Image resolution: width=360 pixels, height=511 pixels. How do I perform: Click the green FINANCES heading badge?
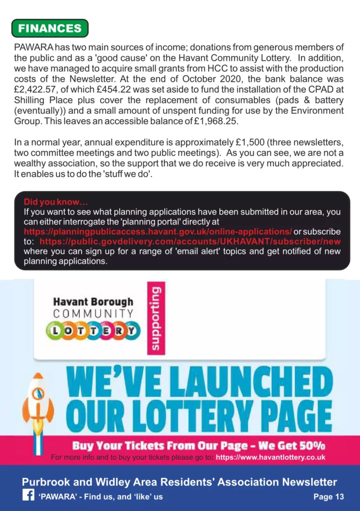point(49,28)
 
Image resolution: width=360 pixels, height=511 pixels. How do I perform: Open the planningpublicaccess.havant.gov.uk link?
point(158,232)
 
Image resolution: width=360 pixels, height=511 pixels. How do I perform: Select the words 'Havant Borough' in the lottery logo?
point(93,302)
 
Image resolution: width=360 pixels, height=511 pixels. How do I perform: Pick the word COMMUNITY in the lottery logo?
point(93,314)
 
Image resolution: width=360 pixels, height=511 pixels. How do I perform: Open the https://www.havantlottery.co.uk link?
point(270,457)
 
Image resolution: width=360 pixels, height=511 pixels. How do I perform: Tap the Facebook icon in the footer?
point(28,496)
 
